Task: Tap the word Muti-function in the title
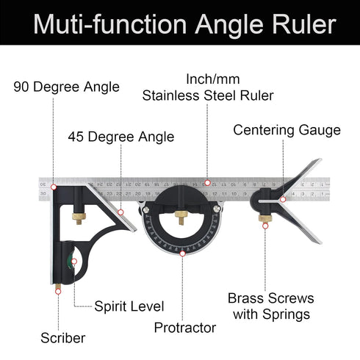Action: (107, 24)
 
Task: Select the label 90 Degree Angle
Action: (66, 87)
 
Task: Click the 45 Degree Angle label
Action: (121, 137)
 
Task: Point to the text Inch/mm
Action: (213, 79)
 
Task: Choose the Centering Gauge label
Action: (287, 130)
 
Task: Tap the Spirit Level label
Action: (129, 306)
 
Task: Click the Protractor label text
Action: (184, 327)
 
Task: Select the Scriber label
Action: (62, 338)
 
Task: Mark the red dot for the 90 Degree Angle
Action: (53, 176)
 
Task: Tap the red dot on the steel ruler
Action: (207, 181)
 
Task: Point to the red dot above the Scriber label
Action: (57, 290)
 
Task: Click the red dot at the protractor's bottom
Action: (183, 254)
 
